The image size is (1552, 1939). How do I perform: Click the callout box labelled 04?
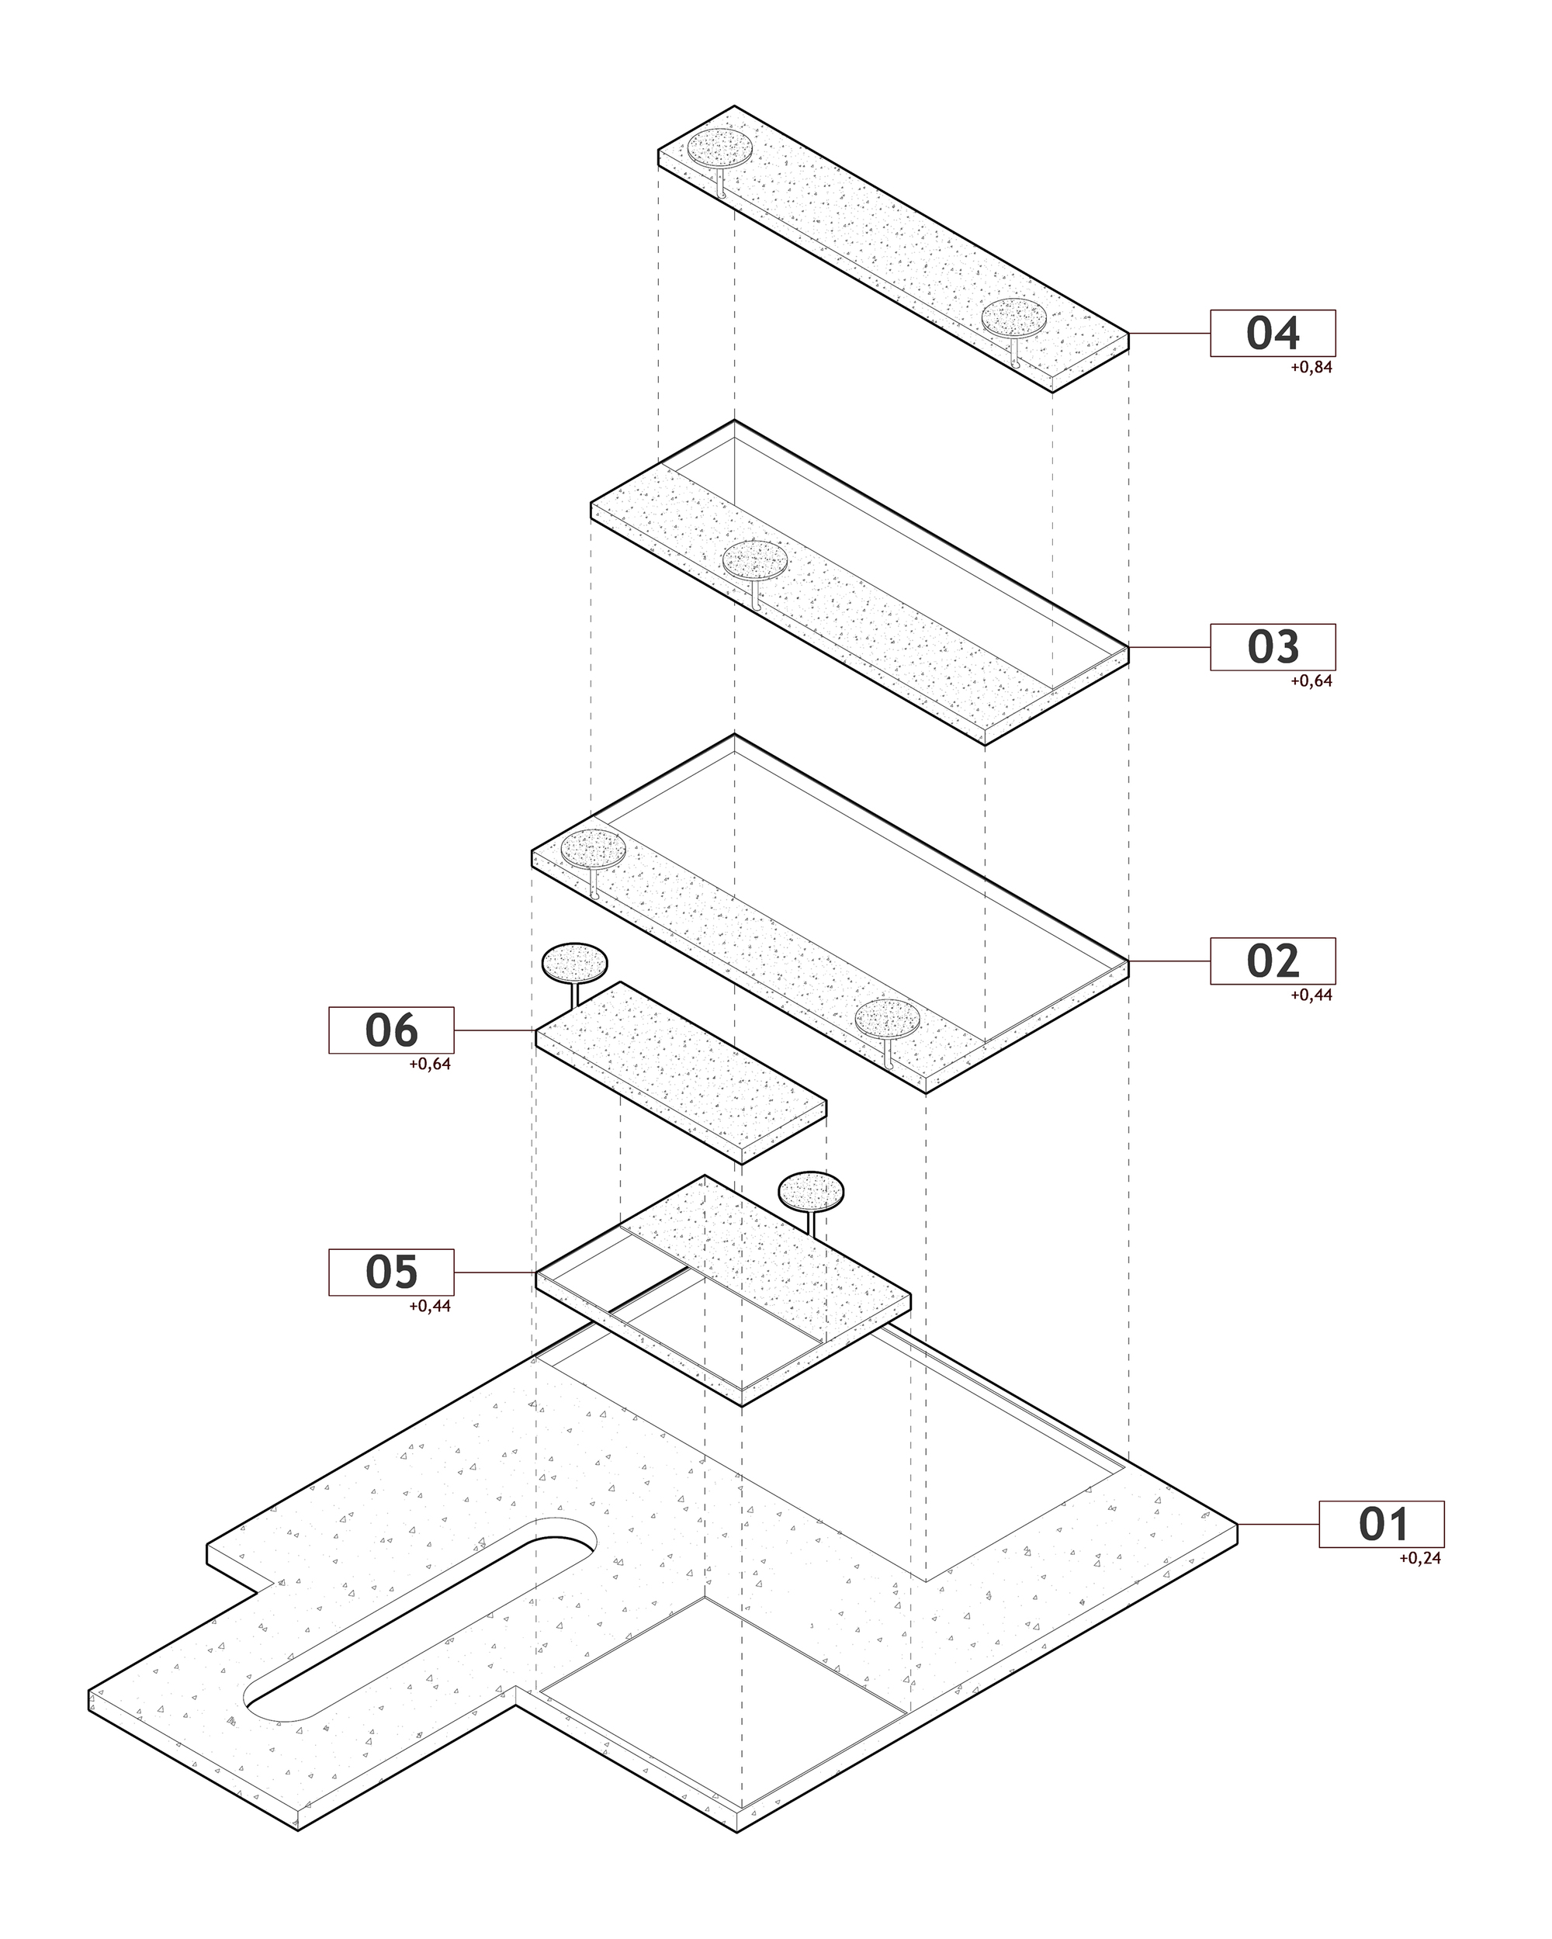pyautogui.click(x=1272, y=334)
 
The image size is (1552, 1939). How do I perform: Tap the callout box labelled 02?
pyautogui.click(x=1272, y=961)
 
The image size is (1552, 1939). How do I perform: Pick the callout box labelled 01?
pyautogui.click(x=1381, y=1525)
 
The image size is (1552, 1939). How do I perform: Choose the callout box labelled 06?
pyautogui.click(x=391, y=1030)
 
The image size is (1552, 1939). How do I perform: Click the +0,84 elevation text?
pyautogui.click(x=1311, y=367)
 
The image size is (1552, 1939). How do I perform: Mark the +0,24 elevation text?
pyautogui.click(x=1420, y=1559)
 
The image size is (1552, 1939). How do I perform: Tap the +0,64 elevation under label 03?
pyautogui.click(x=1311, y=680)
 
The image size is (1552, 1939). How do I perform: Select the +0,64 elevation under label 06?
pyautogui.click(x=430, y=1064)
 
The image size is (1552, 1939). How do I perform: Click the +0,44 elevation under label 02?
pyautogui.click(x=1311, y=995)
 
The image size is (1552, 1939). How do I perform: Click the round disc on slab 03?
pyautogui.click(x=755, y=560)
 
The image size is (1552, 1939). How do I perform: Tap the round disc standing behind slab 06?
pyautogui.click(x=574, y=963)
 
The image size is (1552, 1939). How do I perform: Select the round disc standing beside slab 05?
pyautogui.click(x=812, y=1192)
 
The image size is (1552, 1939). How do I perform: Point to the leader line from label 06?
pyautogui.click(x=495, y=1030)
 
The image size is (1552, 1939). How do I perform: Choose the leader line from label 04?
pyautogui.click(x=1169, y=334)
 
